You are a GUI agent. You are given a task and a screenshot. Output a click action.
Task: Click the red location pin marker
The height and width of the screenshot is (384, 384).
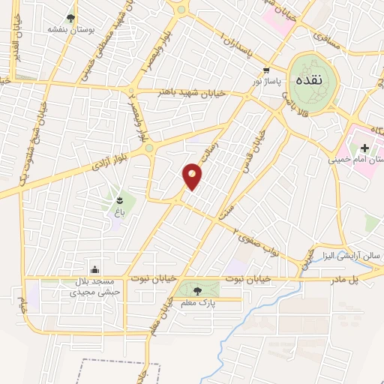click(x=193, y=175)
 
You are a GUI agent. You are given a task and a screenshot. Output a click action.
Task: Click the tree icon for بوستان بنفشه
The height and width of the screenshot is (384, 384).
click(x=70, y=18)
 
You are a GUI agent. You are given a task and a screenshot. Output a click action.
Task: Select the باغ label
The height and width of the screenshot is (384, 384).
click(x=118, y=213)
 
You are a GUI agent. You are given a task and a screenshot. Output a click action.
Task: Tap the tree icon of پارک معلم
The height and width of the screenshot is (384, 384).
click(x=197, y=290)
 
